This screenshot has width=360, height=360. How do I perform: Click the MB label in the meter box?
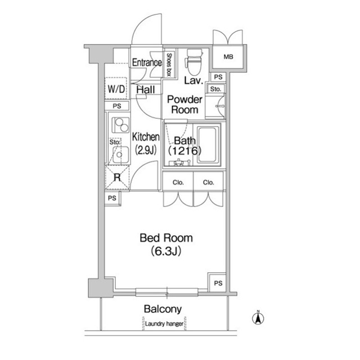[x=228, y=57]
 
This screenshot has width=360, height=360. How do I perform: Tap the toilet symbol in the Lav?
[x=193, y=62]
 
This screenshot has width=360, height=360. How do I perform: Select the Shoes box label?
[x=169, y=65]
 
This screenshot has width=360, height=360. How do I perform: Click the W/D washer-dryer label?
[x=116, y=89]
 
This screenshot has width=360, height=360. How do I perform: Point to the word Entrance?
[x=147, y=62]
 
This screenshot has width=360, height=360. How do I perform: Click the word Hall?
[x=146, y=89]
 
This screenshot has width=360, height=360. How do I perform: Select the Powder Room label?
[x=184, y=105]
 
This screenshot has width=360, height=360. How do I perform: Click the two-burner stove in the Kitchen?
[x=120, y=125]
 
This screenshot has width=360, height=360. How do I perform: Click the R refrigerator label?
[x=117, y=177]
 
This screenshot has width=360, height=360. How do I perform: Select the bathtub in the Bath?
[x=207, y=145]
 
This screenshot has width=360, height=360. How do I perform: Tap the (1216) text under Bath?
[x=185, y=151]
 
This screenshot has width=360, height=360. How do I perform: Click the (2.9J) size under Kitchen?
[x=146, y=150]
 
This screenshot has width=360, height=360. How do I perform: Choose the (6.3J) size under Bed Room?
[x=166, y=251]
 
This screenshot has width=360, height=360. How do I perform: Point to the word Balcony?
[x=163, y=309]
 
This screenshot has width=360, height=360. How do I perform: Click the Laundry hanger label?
[x=164, y=324]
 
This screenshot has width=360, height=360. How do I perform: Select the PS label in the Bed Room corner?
[x=218, y=283]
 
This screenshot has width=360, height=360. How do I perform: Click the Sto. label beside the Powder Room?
[x=215, y=89]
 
